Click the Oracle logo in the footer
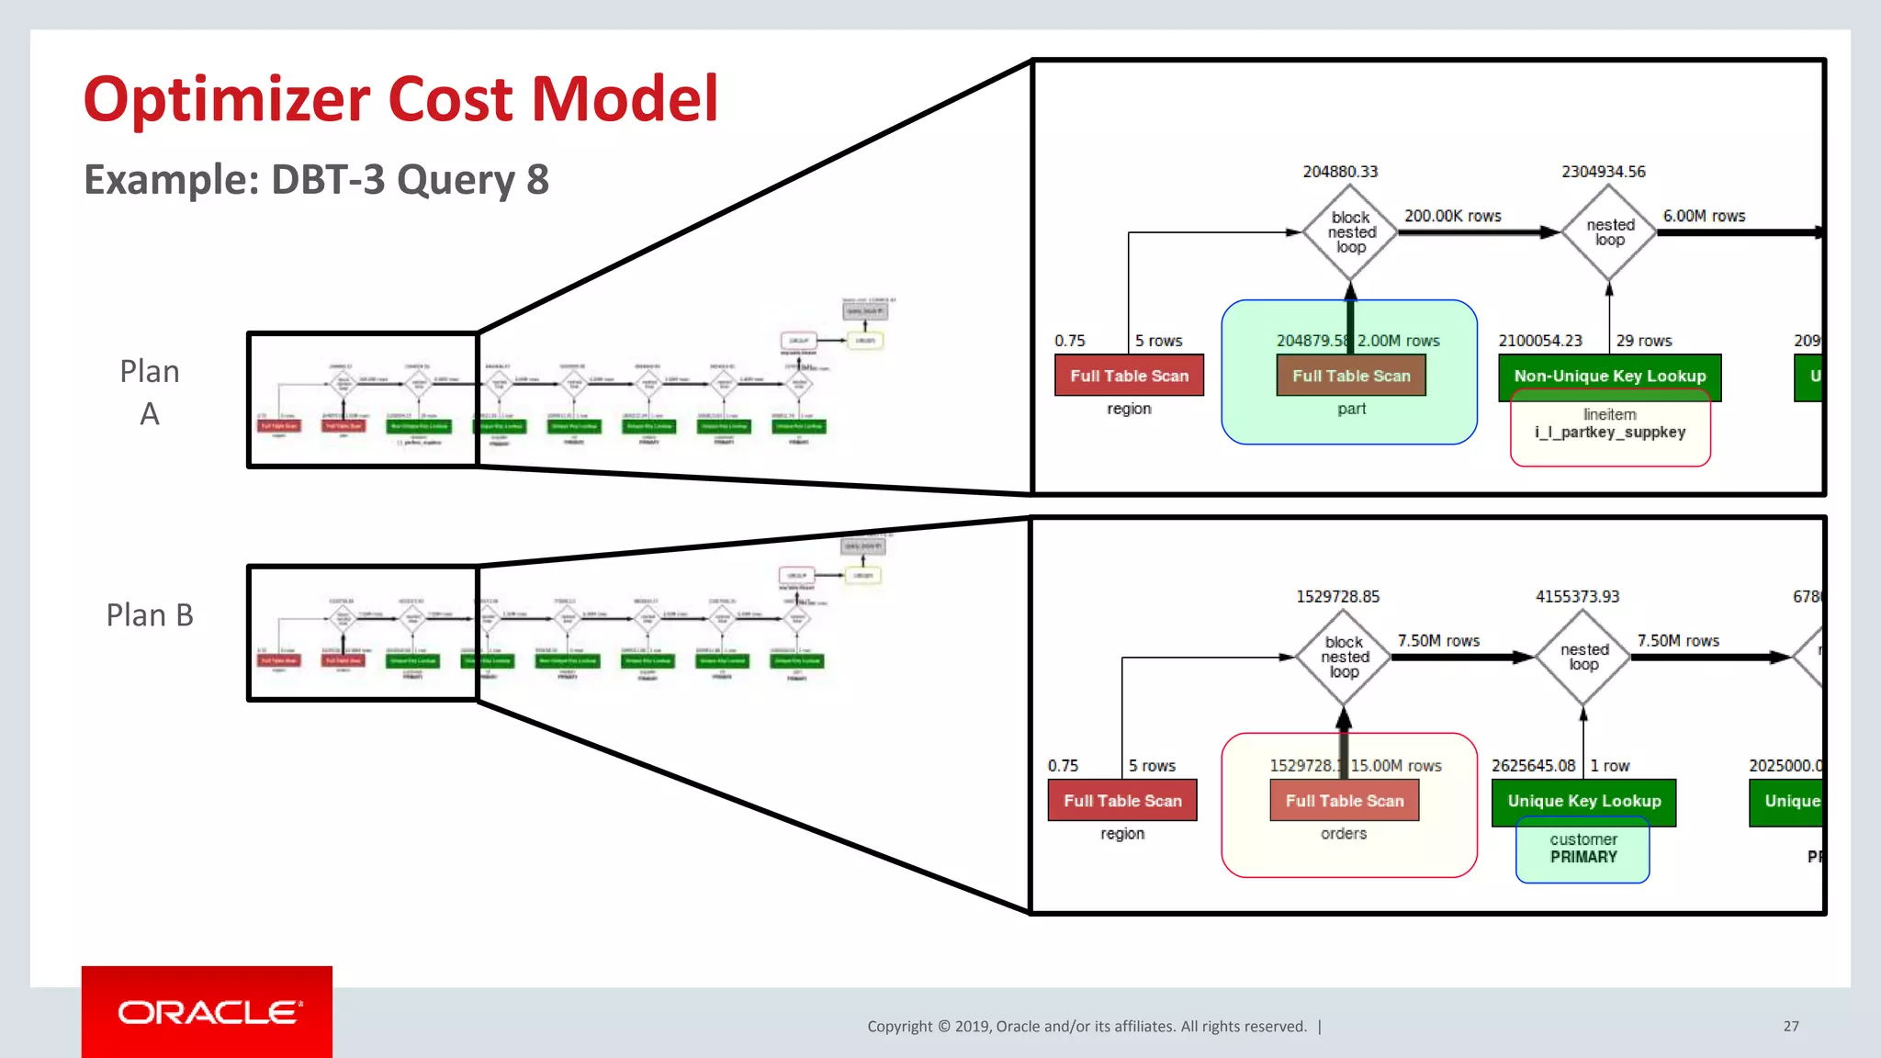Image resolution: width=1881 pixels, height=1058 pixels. click(208, 1012)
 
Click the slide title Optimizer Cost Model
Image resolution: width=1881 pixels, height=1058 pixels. click(400, 99)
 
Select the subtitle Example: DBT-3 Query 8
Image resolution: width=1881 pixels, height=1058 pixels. click(316, 180)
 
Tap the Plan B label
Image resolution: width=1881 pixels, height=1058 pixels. click(150, 614)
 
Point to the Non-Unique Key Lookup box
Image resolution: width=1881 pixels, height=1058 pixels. click(1609, 376)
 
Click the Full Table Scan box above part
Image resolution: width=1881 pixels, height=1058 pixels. click(1351, 376)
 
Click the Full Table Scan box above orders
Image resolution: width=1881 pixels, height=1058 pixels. click(1344, 801)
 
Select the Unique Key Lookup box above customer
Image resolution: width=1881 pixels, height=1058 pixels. click(1583, 801)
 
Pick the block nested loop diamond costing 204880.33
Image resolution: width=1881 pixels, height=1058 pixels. click(1350, 232)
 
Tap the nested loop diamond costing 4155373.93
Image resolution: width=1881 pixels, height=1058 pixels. click(1583, 658)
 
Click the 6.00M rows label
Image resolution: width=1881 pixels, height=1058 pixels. click(1704, 216)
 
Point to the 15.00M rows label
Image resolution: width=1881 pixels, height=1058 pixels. click(1396, 766)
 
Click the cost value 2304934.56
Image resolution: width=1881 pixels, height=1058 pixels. click(1603, 172)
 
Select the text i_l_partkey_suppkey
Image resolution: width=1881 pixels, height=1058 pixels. click(1609, 433)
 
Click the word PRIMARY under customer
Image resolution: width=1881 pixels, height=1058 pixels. click(1583, 857)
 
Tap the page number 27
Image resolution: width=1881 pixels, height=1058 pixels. click(1791, 1026)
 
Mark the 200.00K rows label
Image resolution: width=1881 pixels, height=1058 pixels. click(1452, 216)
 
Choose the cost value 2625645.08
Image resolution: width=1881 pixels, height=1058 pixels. click(1533, 766)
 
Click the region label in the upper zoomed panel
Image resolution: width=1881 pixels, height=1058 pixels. click(1129, 409)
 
